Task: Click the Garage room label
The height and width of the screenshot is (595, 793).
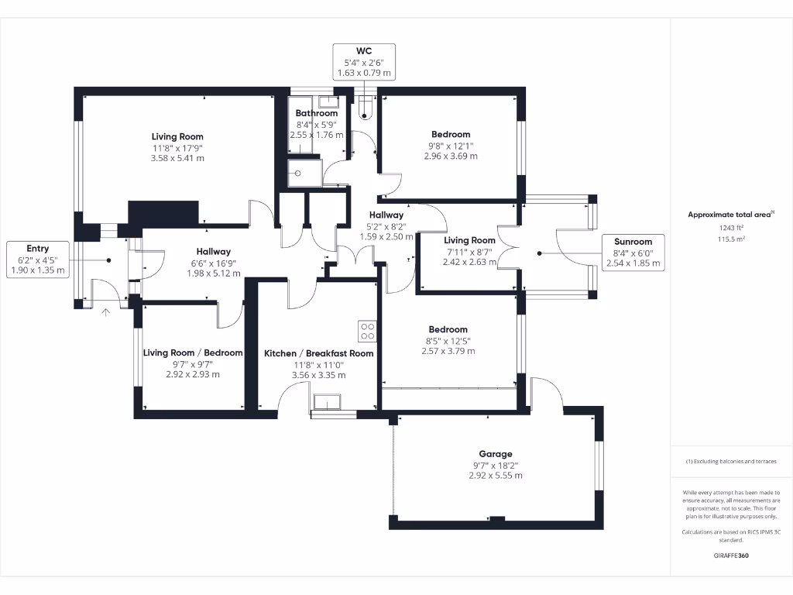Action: coord(495,454)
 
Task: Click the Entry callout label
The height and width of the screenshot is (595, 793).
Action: coord(38,260)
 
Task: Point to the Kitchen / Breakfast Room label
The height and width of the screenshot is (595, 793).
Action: coord(318,353)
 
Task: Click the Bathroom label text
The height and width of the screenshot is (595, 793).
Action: coord(316,113)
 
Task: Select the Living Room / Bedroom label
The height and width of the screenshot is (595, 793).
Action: coord(193,353)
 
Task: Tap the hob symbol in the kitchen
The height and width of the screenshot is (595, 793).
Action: coord(367,332)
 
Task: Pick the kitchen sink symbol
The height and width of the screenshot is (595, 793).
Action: coord(328,402)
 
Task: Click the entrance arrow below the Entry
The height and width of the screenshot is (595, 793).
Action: coord(106,312)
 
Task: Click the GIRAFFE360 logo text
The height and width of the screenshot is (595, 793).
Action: coord(731,555)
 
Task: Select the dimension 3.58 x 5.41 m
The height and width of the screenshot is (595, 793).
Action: coord(177,158)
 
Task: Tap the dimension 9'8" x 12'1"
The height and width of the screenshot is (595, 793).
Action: coord(451,145)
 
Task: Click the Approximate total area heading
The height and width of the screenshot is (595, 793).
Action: coord(730,215)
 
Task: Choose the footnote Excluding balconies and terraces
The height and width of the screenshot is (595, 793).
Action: coord(730,461)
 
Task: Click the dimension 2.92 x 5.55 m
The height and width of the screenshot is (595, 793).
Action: coord(495,475)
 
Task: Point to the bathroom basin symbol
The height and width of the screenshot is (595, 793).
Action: coord(328,101)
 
